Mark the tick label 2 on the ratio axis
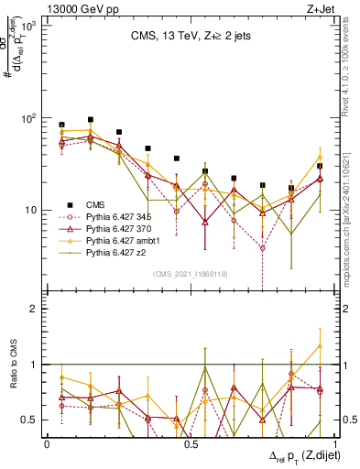tap(35, 310)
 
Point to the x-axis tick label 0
tap(47, 442)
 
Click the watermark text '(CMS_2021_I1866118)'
tap(189, 274)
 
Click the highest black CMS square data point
tap(90, 119)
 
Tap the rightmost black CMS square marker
tap(319, 166)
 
